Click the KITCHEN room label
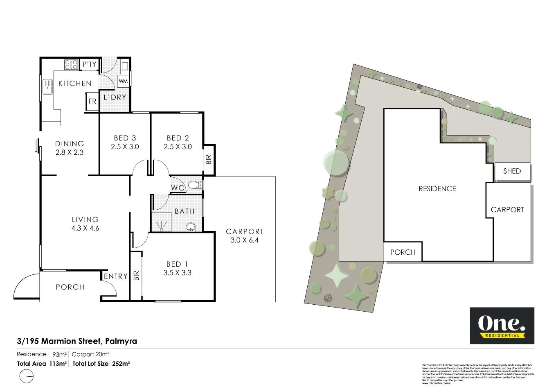coord(75,84)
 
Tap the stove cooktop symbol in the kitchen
coord(71,64)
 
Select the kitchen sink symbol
coord(47,87)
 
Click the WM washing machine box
coord(123,81)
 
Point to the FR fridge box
coord(92,101)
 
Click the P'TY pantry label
coord(89,64)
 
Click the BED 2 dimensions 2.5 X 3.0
coord(178,147)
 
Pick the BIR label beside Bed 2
coord(209,159)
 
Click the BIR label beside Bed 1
coord(136,276)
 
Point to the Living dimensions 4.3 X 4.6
coord(85,229)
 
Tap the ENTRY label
coord(115,276)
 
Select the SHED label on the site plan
coord(512,171)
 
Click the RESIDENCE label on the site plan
coord(437,189)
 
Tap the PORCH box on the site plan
coord(403,252)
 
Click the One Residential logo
coord(502,326)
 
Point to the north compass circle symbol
coord(27,376)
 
